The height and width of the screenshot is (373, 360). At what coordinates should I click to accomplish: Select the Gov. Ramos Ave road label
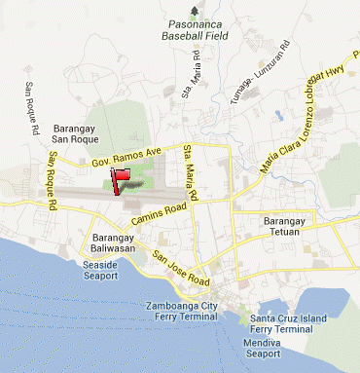[126, 156]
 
